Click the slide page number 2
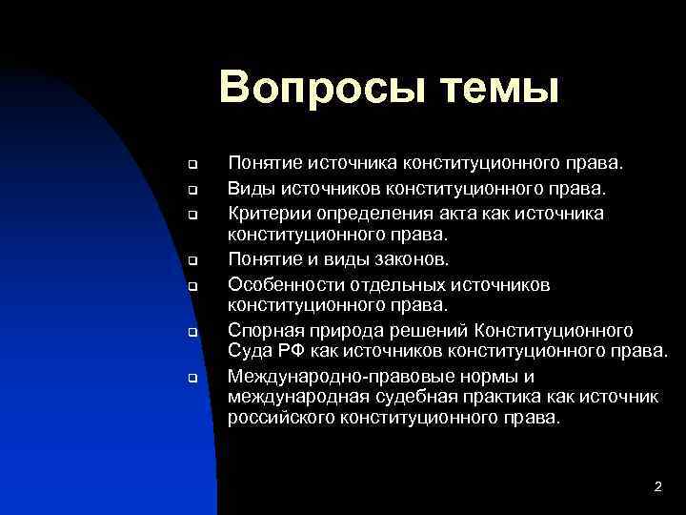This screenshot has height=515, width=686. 657,487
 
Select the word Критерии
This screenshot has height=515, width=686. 265,212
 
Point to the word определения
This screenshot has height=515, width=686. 373,213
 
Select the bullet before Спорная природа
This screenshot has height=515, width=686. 191,333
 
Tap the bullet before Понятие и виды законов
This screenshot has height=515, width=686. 191,260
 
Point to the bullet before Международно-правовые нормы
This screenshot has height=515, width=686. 191,379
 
